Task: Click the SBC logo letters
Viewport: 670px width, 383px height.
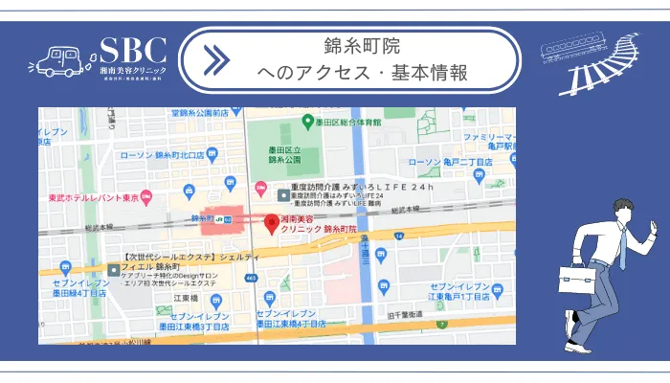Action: coord(133,50)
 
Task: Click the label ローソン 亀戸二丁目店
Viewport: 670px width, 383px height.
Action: coord(449,163)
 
